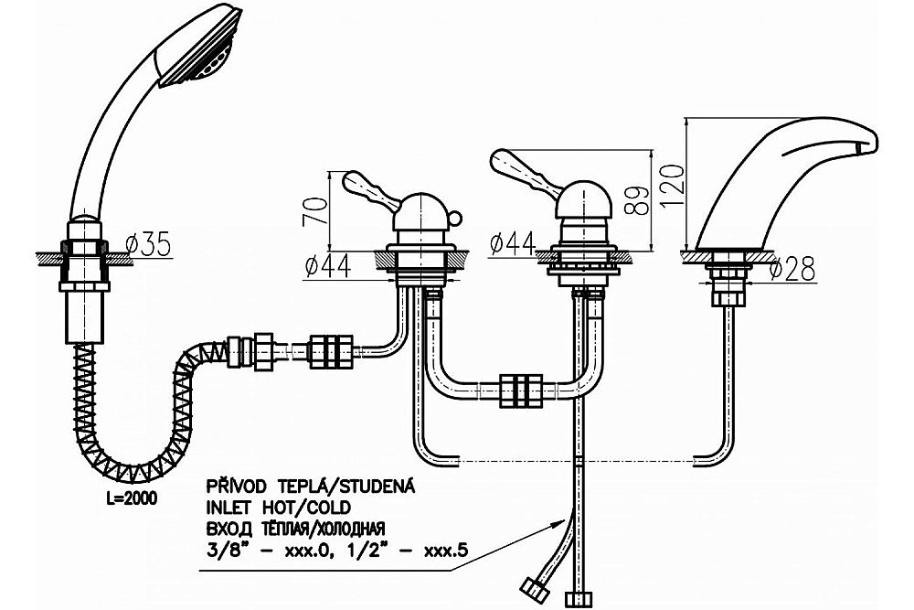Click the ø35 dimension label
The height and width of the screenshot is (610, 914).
[x=149, y=244]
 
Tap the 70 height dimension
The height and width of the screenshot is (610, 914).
[x=314, y=211]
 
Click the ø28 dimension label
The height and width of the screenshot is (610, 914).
[x=792, y=268]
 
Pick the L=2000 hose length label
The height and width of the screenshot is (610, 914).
[x=132, y=499]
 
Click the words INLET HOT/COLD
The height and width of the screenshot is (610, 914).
[x=279, y=507]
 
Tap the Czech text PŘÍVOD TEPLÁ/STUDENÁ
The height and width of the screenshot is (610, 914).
[x=311, y=486]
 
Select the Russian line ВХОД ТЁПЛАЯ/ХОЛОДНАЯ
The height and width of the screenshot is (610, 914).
[x=295, y=529]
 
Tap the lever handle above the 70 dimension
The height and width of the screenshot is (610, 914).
[x=371, y=189]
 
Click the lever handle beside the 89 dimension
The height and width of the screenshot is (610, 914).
[x=525, y=170]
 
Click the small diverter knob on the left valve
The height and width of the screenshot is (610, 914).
[x=454, y=219]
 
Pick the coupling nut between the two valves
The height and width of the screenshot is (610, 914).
[x=521, y=391]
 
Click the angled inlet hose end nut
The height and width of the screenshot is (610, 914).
[x=536, y=591]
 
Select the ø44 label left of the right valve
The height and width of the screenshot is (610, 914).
[x=513, y=244]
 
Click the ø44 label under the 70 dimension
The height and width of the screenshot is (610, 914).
[x=328, y=266]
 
